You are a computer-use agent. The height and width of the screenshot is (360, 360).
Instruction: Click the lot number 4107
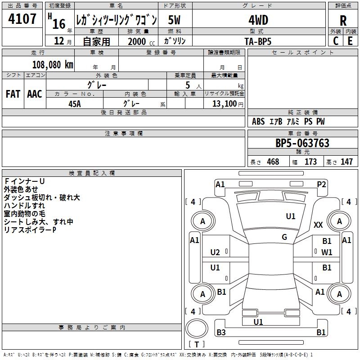pos(22,20)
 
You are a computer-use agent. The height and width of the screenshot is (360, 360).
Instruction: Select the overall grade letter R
pos(343,20)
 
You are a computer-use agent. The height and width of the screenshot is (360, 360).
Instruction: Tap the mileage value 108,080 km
pos(52,64)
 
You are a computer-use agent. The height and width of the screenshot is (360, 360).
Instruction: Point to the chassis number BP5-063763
pos(302,144)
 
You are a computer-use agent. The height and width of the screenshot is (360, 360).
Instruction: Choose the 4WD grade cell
pos(258,20)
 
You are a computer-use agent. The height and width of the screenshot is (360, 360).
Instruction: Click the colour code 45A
pos(75,103)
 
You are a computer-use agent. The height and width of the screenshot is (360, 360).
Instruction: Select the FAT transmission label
pos(13,94)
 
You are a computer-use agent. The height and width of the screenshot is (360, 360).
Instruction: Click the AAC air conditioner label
pos(34,94)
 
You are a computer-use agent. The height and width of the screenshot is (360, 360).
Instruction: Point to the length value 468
pos(272,162)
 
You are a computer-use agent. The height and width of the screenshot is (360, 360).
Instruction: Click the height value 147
pos(346,162)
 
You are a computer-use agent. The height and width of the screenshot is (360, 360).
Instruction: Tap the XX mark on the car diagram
pos(318,225)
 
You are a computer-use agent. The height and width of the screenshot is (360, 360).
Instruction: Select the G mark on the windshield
pos(284,237)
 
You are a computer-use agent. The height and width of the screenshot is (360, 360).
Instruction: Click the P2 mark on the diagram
pos(321,184)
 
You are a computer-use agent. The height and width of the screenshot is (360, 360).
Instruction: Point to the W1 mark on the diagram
pos(327,252)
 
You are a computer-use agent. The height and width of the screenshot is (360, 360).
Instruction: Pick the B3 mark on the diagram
pos(221,333)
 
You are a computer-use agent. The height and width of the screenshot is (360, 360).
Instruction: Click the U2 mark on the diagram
pos(215,252)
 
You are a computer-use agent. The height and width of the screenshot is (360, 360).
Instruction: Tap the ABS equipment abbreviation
pos(258,121)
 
